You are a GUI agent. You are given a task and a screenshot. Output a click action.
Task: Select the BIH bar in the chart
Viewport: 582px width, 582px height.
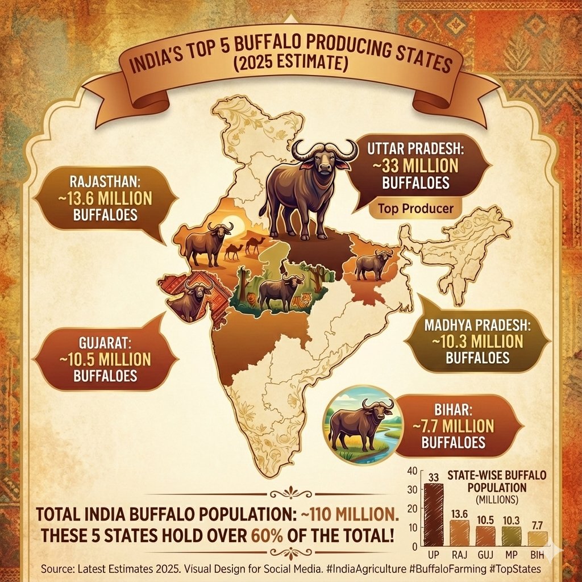click(538, 538)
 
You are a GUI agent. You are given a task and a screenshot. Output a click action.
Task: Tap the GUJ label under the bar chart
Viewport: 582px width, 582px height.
click(485, 554)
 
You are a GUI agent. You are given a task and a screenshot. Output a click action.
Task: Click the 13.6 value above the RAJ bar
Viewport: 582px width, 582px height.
click(459, 514)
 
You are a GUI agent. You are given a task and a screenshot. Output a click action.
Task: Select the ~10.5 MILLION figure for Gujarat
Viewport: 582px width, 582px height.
click(92, 360)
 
